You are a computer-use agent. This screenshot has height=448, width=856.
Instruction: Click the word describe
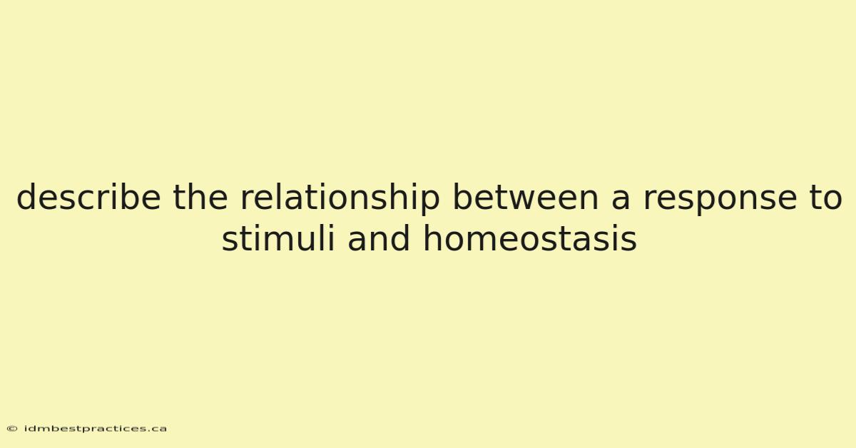point(88,196)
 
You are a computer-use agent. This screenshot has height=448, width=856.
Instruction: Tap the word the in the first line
point(200,196)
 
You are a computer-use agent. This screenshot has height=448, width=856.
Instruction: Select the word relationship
point(340,199)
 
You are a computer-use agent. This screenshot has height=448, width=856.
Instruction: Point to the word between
point(526,196)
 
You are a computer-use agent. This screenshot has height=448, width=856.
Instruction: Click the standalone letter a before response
point(621,200)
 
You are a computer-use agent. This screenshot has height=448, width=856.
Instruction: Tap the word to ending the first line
point(825,198)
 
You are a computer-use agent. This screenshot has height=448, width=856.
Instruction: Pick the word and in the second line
point(378,238)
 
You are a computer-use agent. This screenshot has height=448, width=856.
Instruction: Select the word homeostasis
point(529,238)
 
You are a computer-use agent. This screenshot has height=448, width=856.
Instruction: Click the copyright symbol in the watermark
point(12,429)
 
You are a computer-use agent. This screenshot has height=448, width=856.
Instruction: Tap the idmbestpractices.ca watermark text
point(95,429)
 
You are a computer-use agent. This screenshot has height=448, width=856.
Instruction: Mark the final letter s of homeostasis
point(628,242)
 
